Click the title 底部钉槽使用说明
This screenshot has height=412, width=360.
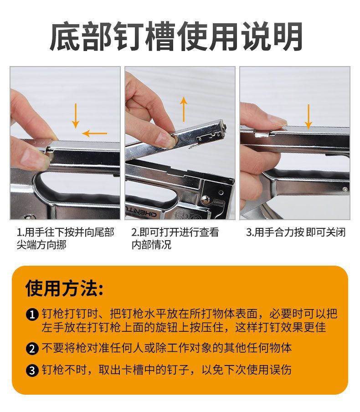pos(176,36)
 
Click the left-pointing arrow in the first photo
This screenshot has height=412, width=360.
pos(95,134)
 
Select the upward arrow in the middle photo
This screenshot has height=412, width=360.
pos(184,109)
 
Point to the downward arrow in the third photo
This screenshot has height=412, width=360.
pos(309,116)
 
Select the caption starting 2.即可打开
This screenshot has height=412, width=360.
pos(175,238)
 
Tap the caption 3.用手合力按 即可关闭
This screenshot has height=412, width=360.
pos(296,232)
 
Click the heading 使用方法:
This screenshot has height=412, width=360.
pos(64,288)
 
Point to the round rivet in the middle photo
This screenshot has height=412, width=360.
pos(206,199)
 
